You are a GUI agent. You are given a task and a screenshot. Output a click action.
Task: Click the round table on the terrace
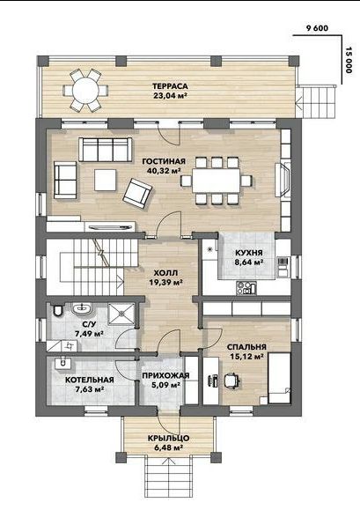coord(85,90)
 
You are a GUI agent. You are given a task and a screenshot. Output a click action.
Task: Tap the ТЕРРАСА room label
coord(170,86)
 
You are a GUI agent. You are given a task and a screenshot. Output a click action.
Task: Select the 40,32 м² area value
coord(164,171)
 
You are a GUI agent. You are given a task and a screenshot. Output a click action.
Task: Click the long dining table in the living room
coord(217,181)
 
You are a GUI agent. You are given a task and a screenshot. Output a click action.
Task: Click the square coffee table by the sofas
coord(106,180)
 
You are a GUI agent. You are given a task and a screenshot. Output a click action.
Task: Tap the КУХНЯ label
coord(249,253)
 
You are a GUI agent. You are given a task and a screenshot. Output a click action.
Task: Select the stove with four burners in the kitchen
coord(246,288)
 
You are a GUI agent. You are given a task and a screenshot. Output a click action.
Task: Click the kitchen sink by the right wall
coord(283,266)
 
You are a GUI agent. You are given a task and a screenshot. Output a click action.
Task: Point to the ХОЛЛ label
coord(165,273)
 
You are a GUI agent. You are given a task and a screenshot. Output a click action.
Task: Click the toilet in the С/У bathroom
coord(58,310)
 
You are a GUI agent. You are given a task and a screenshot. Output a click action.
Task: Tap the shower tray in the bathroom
coord(121,314)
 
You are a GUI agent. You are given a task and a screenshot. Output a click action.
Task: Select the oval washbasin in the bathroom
coord(82,308)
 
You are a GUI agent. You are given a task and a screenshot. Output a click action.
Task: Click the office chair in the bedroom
coord(231,380)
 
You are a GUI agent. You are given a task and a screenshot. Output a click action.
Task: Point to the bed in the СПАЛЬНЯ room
coord(280,379)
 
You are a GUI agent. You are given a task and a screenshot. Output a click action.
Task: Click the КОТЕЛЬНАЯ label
coord(90,380)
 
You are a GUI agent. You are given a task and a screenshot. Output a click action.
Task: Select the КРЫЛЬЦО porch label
coord(168,438)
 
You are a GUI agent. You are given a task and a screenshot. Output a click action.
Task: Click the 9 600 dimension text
coord(317,28)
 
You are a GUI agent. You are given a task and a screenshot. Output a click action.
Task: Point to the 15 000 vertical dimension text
coord(349,60)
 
